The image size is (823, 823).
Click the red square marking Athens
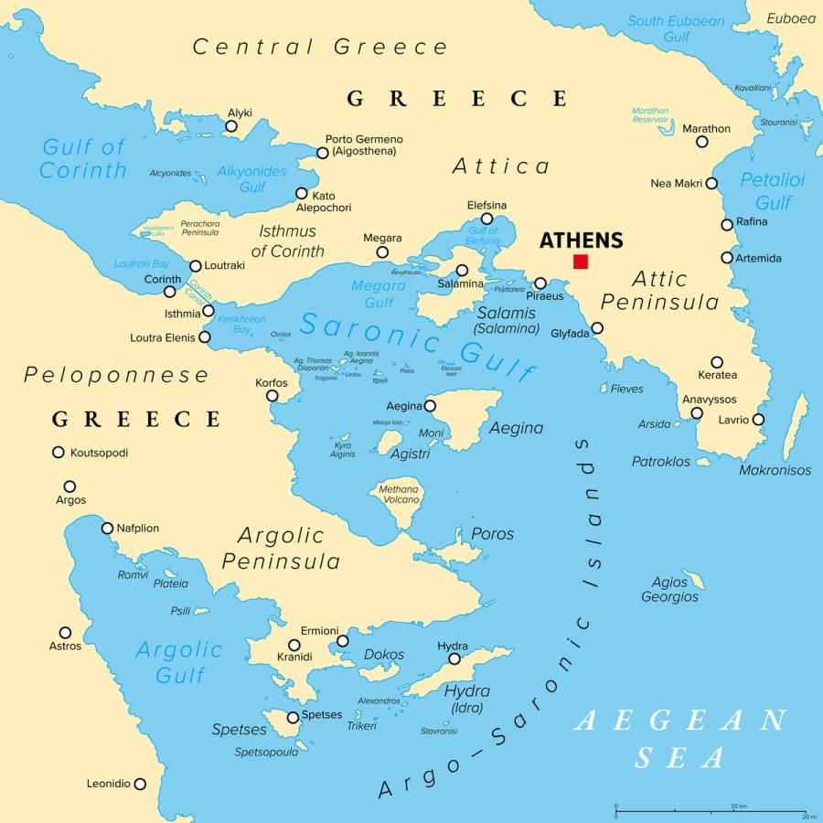(581, 262)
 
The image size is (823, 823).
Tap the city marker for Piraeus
(540, 283)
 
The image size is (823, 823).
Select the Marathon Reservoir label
(650, 115)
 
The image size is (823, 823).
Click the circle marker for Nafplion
(108, 528)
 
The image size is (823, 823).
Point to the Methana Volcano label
(399, 495)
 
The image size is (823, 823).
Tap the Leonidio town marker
(140, 784)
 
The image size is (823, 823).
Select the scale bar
(710, 809)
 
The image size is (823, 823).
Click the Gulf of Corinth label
(83, 158)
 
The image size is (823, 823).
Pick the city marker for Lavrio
(758, 420)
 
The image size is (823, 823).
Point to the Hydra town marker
(454, 658)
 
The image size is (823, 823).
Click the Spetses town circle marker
(293, 718)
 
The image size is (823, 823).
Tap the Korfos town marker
(272, 396)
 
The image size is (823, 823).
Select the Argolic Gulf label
(178, 662)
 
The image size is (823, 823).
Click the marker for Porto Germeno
(322, 153)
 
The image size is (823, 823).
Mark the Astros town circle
(65, 633)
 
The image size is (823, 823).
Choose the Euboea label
(790, 18)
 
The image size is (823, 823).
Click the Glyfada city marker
(597, 328)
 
